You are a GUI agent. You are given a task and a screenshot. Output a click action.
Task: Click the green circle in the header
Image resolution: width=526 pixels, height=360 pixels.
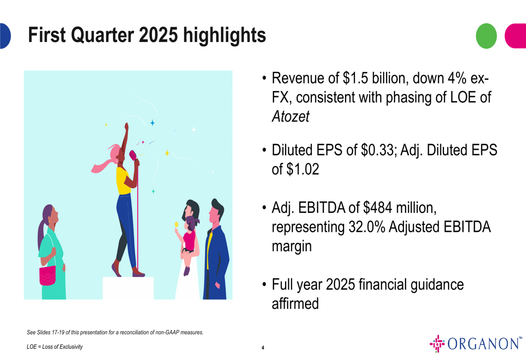(486, 36)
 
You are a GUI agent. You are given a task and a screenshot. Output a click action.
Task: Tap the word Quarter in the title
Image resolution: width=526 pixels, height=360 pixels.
(103, 35)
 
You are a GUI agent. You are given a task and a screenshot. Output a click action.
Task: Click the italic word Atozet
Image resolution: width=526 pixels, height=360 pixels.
(290, 117)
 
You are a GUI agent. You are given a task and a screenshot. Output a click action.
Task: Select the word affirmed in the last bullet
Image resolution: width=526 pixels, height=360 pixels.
(295, 304)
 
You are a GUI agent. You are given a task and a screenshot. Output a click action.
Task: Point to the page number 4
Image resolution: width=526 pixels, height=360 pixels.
(262, 347)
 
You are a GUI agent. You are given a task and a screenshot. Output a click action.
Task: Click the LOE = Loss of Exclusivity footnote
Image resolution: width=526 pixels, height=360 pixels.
(55, 346)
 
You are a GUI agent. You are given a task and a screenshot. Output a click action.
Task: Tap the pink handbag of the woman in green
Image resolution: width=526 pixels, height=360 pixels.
(48, 275)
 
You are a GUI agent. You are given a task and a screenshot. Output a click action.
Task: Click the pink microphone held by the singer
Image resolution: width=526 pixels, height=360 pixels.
(133, 155)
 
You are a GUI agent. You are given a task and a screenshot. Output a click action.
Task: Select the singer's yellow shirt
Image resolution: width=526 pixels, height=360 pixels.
(123, 180)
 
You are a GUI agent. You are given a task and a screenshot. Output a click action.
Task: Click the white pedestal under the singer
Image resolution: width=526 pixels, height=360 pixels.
(128, 288)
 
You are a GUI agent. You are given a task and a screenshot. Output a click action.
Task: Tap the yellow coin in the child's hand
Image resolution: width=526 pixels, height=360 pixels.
(176, 224)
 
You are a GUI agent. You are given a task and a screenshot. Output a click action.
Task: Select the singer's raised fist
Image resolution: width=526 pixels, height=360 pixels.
(126, 126)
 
